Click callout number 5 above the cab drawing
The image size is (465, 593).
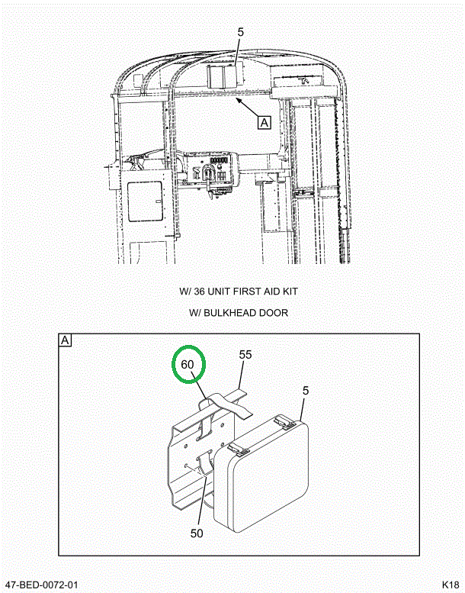point(239,32)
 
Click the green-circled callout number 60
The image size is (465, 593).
point(188,365)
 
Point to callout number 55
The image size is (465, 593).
point(245,355)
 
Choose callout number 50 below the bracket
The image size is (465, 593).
point(197,533)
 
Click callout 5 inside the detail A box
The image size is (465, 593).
point(305,391)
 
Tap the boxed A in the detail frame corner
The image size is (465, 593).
point(65,340)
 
